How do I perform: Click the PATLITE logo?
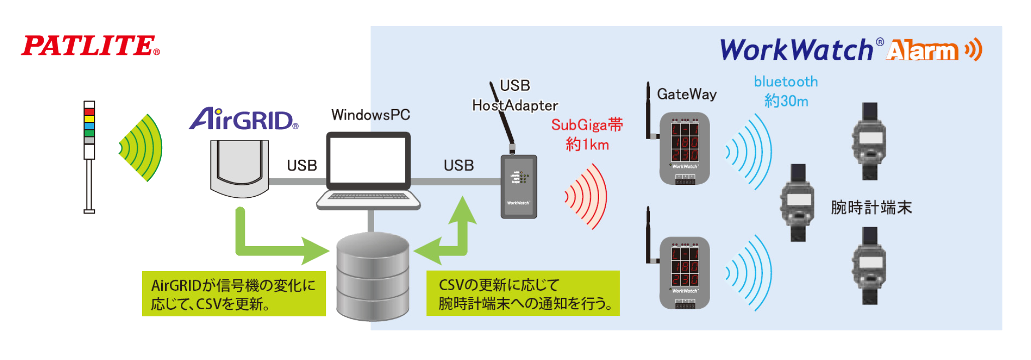(x=90, y=46)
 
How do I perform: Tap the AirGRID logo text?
(x=243, y=119)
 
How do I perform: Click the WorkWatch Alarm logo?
(x=851, y=50)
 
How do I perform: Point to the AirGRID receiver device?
(x=240, y=168)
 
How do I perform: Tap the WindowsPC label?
(x=371, y=115)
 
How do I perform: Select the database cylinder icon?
(x=373, y=276)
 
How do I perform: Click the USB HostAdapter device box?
(x=519, y=186)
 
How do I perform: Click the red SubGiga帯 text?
(x=587, y=125)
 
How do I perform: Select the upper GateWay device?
(x=684, y=149)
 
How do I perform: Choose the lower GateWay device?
(x=684, y=273)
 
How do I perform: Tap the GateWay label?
(x=686, y=94)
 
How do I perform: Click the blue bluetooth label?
(x=785, y=82)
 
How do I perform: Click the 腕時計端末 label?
(x=871, y=207)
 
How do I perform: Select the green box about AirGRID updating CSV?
(x=234, y=294)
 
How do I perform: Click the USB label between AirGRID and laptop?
(x=302, y=165)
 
